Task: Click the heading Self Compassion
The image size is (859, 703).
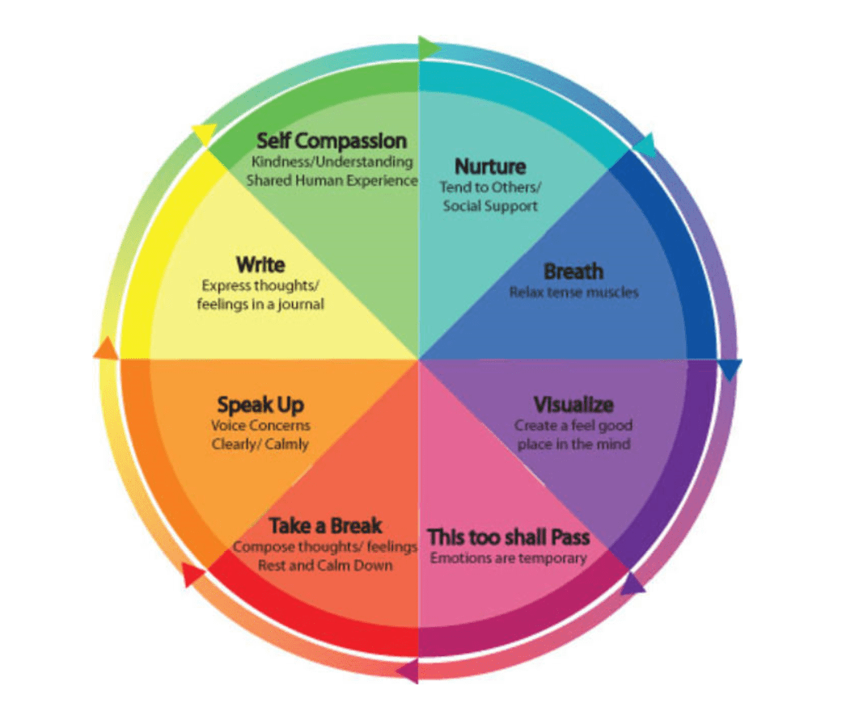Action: click(332, 141)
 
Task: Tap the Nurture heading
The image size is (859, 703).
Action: click(490, 166)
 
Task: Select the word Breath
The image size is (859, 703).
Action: click(573, 272)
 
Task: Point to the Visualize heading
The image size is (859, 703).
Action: click(573, 405)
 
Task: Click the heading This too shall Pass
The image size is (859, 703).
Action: click(508, 537)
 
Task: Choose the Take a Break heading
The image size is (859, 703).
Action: click(325, 527)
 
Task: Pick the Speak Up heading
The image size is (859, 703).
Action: click(260, 405)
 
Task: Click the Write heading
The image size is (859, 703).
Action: click(260, 264)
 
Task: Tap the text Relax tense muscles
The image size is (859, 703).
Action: click(573, 292)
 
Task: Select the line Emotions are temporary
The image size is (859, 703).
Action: click(508, 558)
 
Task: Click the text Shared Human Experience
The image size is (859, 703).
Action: click(332, 180)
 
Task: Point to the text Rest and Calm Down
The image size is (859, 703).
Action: click(325, 565)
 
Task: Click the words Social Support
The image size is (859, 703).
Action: click(490, 206)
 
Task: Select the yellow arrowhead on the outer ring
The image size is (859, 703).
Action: click(204, 134)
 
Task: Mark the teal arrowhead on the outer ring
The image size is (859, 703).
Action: click(645, 145)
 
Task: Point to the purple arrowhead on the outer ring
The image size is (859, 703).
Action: click(633, 583)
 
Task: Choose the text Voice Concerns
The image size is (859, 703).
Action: click(260, 425)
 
